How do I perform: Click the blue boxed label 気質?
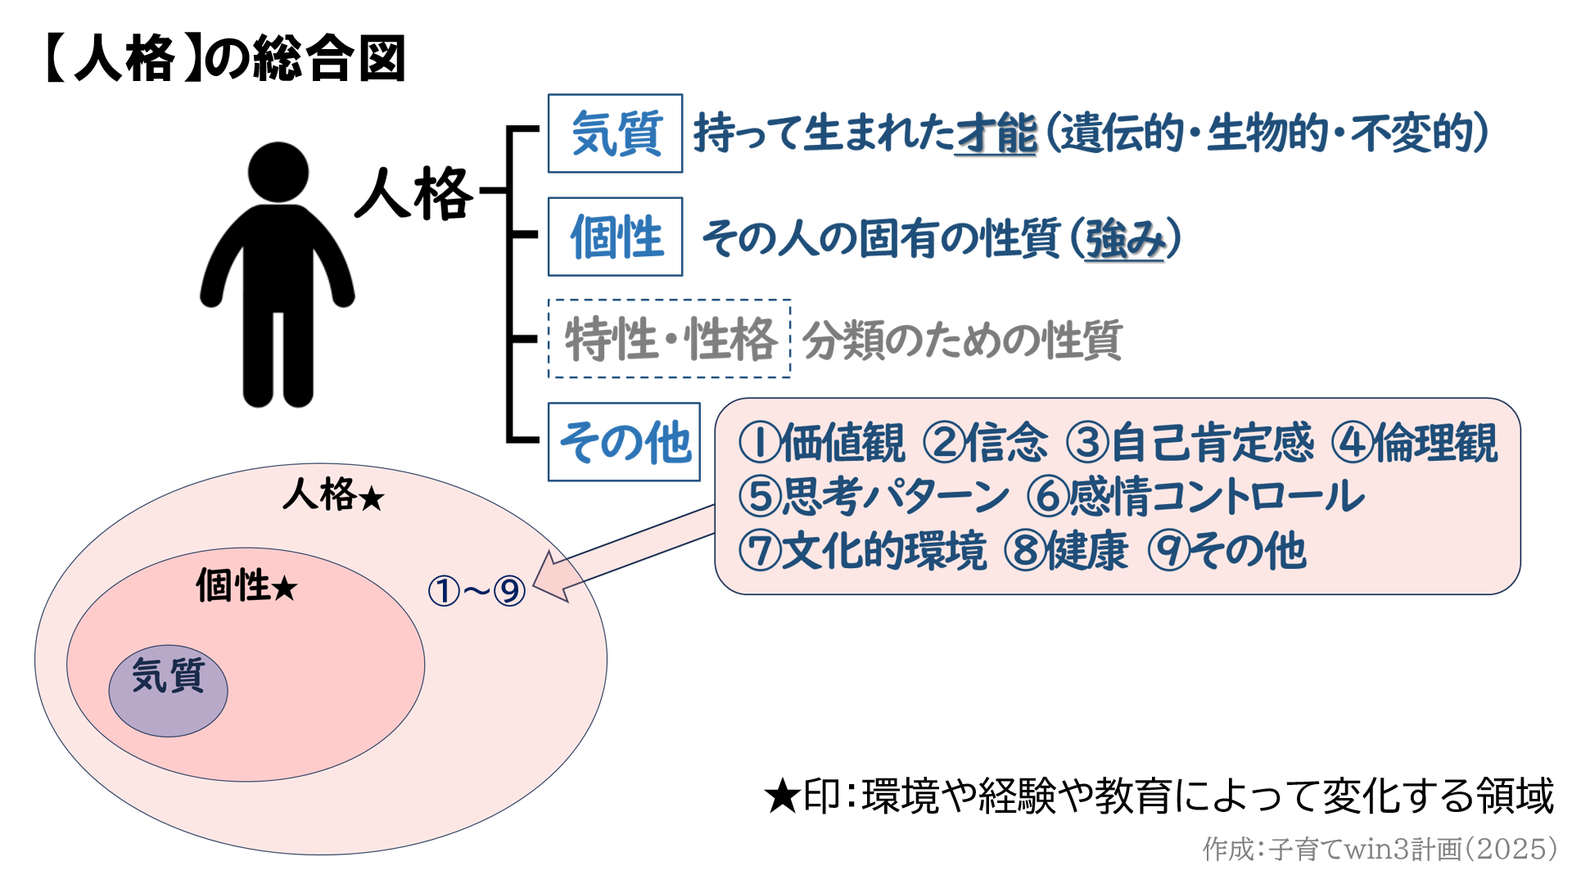(x=615, y=133)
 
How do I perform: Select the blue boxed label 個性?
(x=615, y=237)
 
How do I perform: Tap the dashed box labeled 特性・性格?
(x=669, y=339)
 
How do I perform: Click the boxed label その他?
(x=624, y=442)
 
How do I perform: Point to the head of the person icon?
(x=278, y=173)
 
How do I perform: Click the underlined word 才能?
(x=996, y=133)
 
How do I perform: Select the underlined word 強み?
(x=1125, y=239)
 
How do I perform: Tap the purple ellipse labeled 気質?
(x=168, y=690)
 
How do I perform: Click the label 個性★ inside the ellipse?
(x=246, y=586)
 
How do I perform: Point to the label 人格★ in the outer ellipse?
(x=333, y=495)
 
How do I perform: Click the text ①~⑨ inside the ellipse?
(x=477, y=590)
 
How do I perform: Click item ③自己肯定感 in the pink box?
(x=1190, y=443)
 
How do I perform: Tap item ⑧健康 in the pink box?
(x=1066, y=550)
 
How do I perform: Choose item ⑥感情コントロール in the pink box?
(x=1195, y=496)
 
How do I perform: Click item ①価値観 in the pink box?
(x=821, y=443)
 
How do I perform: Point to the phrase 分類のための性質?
(x=962, y=341)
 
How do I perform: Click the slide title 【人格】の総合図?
(x=224, y=59)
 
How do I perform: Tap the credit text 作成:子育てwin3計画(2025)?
(x=1379, y=849)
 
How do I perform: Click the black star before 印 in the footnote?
(x=781, y=796)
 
